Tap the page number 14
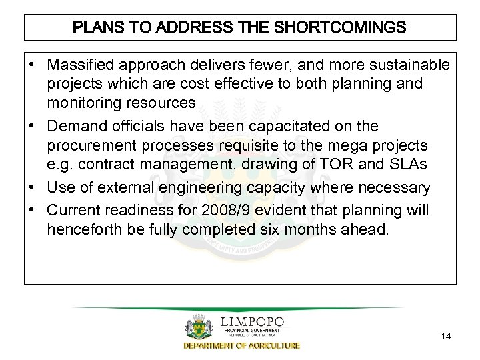pyautogui.click(x=446, y=337)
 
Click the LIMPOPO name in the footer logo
pyautogui.click(x=251, y=323)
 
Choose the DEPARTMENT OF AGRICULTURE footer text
pyautogui.click(x=241, y=346)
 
